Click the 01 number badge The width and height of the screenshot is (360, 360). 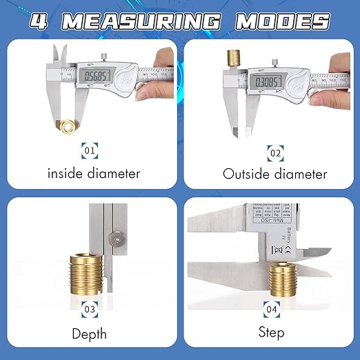(90, 148)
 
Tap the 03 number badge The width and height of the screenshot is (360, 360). (90, 310)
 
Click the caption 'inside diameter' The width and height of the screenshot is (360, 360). (94, 173)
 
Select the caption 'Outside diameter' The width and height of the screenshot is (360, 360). (274, 174)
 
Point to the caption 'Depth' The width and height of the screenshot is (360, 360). (90, 334)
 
